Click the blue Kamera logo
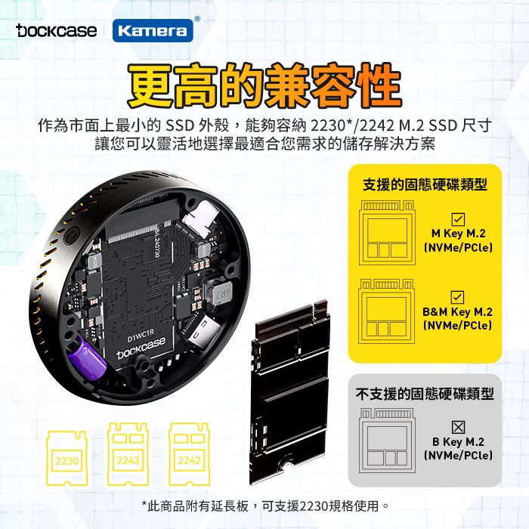(x=153, y=31)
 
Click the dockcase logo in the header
(x=57, y=30)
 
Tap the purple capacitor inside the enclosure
(x=87, y=360)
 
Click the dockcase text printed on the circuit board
(x=141, y=348)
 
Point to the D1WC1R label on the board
(x=141, y=335)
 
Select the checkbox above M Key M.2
(x=458, y=219)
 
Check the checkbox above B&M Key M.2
(x=457, y=297)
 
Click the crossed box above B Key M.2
(x=458, y=427)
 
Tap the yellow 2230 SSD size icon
(x=67, y=458)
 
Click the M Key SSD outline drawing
(x=387, y=233)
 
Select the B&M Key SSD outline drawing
(x=387, y=311)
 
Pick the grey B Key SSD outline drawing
(x=387, y=441)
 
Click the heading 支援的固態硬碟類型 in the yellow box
(x=425, y=184)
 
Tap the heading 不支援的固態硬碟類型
(x=425, y=394)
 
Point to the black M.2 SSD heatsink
(x=289, y=392)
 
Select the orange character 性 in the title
(x=379, y=85)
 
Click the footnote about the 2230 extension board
(x=265, y=506)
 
